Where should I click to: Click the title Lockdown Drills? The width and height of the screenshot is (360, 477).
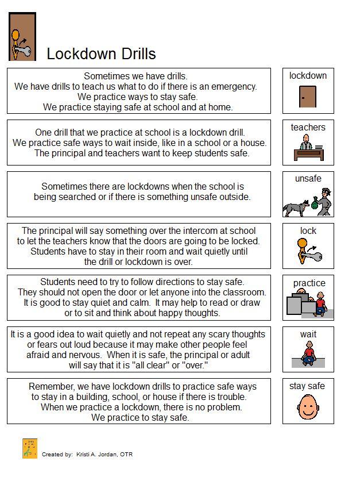101,53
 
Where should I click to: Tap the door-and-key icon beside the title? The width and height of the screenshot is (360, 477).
23,37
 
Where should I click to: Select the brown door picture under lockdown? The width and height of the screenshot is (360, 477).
308,96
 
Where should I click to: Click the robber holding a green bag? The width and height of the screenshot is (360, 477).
322,201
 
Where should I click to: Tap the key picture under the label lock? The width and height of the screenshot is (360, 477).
309,251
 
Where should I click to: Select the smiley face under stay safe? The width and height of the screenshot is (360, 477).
308,407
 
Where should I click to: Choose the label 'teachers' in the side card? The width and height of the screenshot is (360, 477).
308,128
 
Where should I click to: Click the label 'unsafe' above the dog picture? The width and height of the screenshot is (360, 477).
308,179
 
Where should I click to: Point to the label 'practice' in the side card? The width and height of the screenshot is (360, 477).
309,283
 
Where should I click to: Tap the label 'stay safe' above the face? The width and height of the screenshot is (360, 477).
307,386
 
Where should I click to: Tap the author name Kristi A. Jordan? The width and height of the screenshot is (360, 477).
98,455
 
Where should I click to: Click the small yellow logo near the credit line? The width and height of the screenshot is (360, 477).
30,448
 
